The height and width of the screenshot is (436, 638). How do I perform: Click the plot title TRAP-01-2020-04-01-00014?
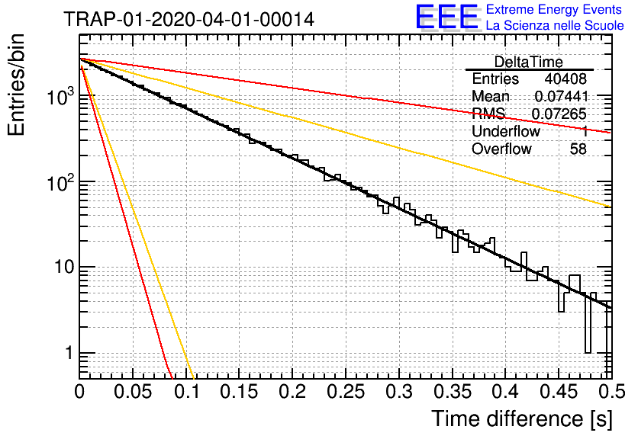click(x=188, y=20)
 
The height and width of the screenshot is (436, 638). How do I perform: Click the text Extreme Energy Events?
click(x=554, y=9)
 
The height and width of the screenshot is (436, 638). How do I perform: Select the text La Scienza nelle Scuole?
click(x=555, y=25)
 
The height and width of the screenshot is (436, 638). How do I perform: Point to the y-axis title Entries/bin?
click(x=16, y=85)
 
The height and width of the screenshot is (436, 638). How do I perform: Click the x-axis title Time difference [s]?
click(x=522, y=418)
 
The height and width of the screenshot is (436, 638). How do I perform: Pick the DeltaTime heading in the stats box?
click(x=529, y=62)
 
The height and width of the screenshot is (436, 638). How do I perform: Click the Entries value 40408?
click(x=565, y=79)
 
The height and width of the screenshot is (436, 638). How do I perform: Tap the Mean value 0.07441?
click(x=562, y=96)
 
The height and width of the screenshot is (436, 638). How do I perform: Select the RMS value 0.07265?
click(x=559, y=114)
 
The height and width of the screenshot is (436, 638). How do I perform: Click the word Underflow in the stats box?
click(x=506, y=131)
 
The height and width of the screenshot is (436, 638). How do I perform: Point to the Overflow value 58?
click(x=578, y=149)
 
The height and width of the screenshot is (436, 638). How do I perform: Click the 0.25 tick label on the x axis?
click(x=346, y=392)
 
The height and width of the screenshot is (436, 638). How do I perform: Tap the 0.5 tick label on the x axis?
click(x=611, y=392)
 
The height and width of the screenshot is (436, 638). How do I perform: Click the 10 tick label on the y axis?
click(x=64, y=268)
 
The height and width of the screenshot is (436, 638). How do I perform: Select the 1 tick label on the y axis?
click(x=69, y=353)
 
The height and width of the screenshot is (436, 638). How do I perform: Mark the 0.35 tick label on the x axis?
click(x=453, y=392)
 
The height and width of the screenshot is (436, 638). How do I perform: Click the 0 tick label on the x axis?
click(x=79, y=392)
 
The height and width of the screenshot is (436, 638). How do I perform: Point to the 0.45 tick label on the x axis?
click(x=559, y=392)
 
